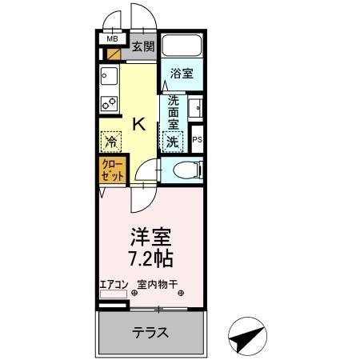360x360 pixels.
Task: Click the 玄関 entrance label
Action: [x=144, y=46]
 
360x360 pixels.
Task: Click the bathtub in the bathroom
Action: [x=182, y=46]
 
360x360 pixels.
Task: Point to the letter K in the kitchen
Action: [x=138, y=124]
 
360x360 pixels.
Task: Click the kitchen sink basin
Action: [x=109, y=78]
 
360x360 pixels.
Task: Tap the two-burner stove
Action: [x=109, y=103]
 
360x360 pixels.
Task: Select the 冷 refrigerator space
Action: [x=111, y=142]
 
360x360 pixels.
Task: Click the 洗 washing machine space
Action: [x=171, y=142]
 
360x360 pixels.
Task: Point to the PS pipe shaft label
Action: [x=197, y=140]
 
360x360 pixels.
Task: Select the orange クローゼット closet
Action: [x=110, y=169]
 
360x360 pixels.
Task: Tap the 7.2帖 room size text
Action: [x=150, y=259]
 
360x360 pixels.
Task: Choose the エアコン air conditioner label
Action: [x=113, y=283]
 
